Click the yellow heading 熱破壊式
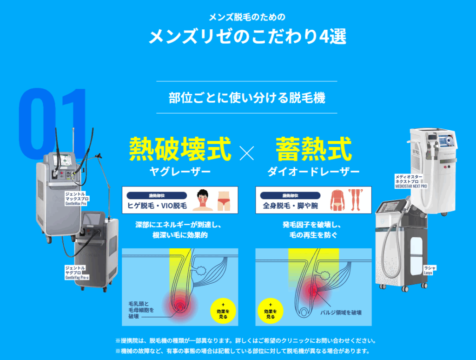click(x=180, y=149)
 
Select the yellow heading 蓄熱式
click(x=313, y=149)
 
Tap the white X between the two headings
click(x=247, y=153)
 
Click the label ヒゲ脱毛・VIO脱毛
click(x=157, y=205)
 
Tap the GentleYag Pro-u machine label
click(x=76, y=273)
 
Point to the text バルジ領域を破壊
click(x=342, y=312)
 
